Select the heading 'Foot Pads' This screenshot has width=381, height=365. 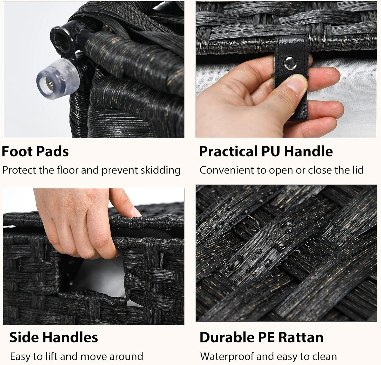click(x=35, y=152)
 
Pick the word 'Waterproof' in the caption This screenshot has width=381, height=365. click(x=227, y=357)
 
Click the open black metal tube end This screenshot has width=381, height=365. click(x=60, y=36)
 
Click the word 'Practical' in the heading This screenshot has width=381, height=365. click(x=228, y=152)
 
